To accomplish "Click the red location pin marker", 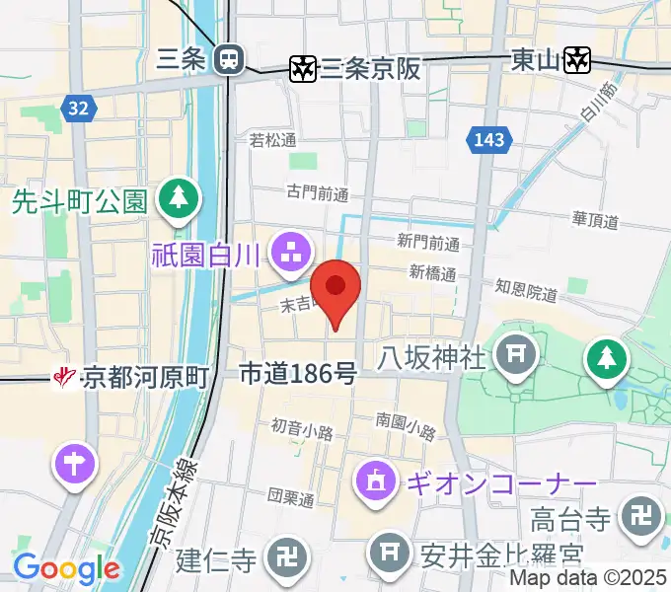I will tap(335, 288).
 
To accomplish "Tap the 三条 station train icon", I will tap(230, 59).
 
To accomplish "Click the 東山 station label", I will tap(537, 60).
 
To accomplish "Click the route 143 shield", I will tap(489, 141).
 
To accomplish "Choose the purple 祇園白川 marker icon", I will tap(292, 253).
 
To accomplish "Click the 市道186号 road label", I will tap(298, 373).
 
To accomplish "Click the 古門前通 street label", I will tap(318, 192).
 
